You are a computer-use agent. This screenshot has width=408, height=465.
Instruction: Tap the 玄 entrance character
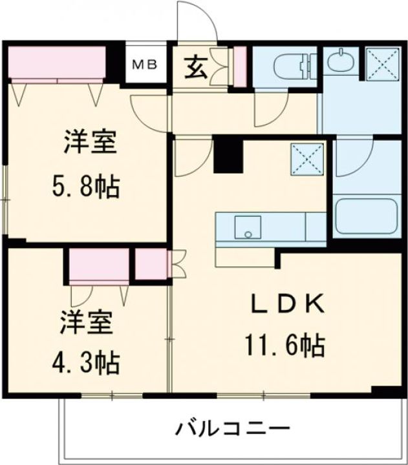(199, 66)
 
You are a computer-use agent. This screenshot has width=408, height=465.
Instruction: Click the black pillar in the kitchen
(227, 155)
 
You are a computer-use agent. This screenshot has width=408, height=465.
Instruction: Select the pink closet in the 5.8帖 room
(58, 64)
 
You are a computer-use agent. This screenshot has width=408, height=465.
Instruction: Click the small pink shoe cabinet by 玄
(240, 67)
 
